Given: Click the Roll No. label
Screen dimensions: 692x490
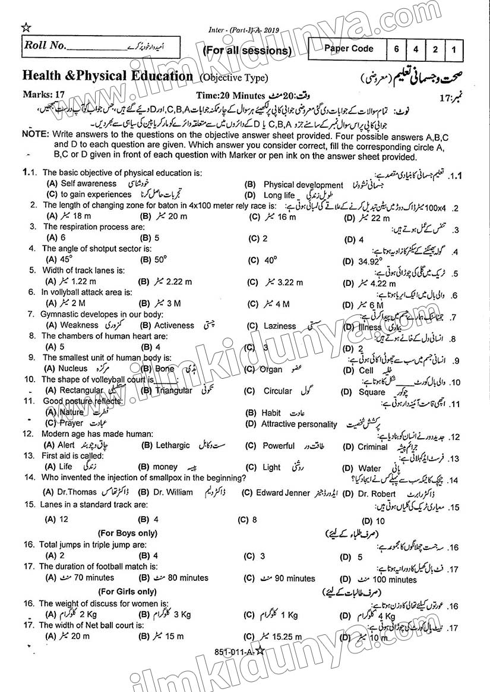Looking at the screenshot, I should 44,45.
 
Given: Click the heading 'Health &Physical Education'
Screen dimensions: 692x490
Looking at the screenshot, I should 108,76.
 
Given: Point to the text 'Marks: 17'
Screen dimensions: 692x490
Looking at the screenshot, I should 43,94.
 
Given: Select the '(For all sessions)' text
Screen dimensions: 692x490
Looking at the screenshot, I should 247,51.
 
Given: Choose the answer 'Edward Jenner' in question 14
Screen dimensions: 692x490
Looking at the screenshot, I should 283,492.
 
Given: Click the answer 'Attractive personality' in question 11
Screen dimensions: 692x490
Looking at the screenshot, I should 299,424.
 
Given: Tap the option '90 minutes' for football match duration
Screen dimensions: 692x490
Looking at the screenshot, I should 294,578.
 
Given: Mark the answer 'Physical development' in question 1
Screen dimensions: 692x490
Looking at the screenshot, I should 303,185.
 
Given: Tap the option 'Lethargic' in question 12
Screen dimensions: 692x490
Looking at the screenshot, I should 173,445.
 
